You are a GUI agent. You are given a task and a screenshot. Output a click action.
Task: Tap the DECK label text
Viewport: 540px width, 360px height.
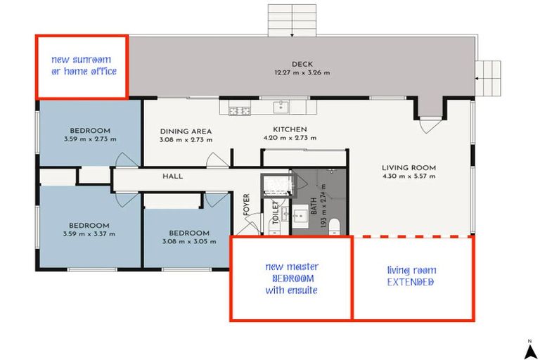coord(302,64)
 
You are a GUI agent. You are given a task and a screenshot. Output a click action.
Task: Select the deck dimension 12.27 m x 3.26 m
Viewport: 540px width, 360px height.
coord(302,72)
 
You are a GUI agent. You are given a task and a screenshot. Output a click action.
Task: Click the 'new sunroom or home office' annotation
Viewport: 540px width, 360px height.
coord(84,66)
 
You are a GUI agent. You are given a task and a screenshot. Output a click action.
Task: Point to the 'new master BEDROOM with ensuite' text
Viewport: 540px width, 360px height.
coord(291,278)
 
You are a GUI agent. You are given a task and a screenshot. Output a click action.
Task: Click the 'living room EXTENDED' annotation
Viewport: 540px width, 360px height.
coord(411,276)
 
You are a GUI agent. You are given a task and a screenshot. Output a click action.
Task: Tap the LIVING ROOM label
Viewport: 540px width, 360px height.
coord(409,168)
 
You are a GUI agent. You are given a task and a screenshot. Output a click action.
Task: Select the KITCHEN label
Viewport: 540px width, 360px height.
coord(290,130)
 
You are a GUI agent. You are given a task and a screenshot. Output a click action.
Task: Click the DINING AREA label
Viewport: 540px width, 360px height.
coord(186,131)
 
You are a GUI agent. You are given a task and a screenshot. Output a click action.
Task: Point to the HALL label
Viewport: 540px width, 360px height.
coord(172,176)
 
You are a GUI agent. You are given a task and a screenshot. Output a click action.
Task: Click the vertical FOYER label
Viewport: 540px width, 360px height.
coord(247,204)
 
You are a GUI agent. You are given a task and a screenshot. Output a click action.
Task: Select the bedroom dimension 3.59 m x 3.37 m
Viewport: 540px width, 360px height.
coord(89,234)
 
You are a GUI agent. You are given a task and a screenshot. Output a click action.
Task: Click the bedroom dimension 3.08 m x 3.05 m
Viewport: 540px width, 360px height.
coord(188,242)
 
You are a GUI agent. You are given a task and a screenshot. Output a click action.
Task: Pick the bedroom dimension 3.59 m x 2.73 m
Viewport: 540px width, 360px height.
coord(89,139)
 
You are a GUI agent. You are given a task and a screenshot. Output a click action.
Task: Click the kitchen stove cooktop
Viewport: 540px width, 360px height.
coord(239,110)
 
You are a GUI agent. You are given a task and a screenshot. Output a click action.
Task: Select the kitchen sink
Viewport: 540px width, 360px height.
coord(281,108)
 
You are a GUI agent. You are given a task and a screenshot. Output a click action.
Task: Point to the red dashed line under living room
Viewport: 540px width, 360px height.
coord(412,236)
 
